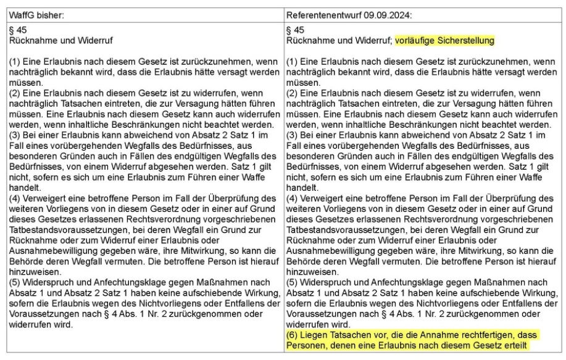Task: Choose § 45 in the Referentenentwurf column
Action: coord(296,30)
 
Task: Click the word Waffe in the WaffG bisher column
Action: coord(264,177)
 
